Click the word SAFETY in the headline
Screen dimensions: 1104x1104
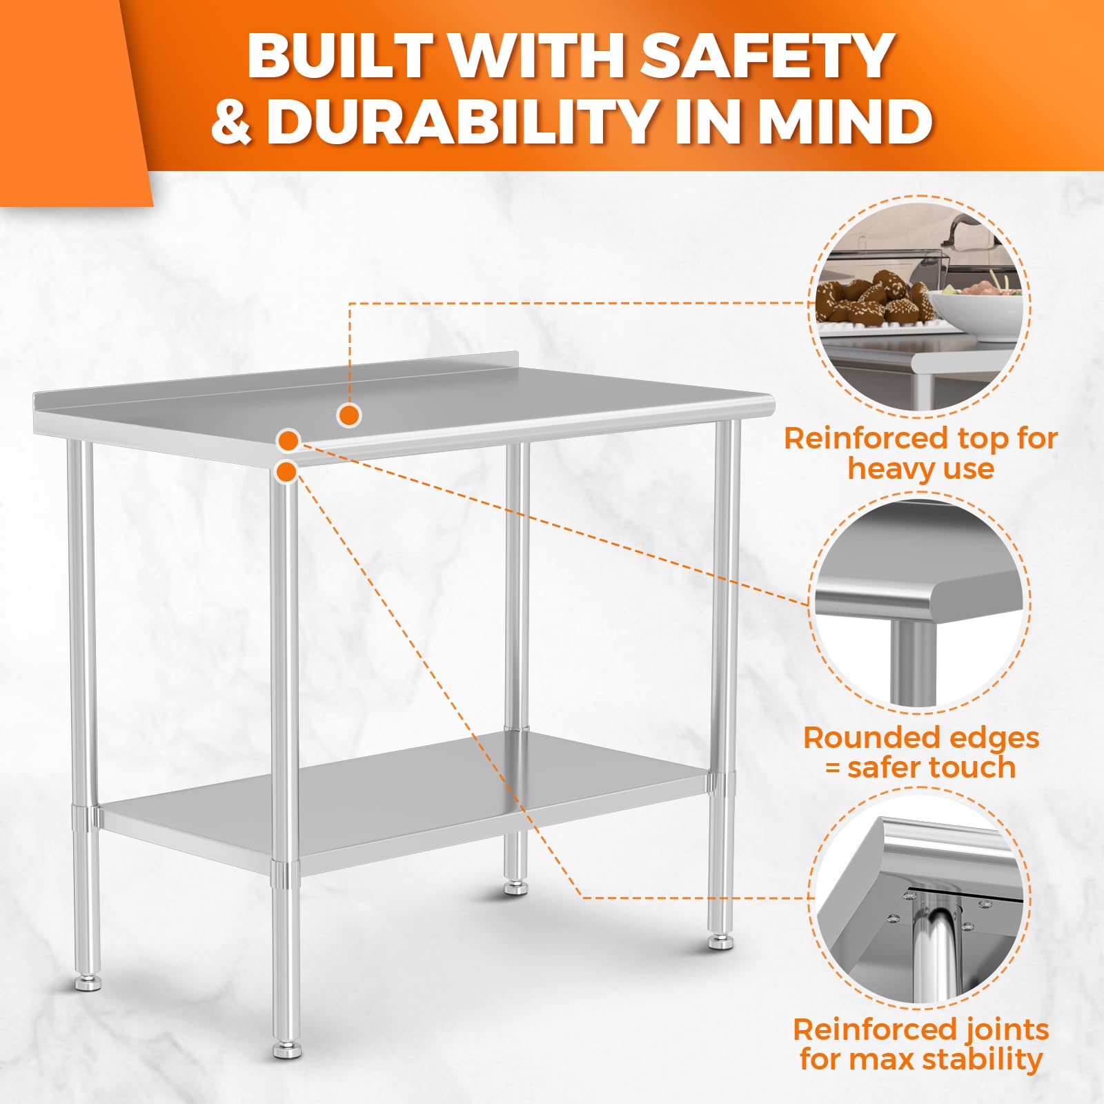(768, 56)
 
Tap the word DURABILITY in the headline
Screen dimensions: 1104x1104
(460, 121)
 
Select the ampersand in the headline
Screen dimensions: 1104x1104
(231, 121)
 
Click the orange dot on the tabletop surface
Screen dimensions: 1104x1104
(349, 415)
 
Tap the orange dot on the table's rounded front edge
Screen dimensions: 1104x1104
(288, 440)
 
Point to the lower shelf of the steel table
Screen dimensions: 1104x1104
(404, 800)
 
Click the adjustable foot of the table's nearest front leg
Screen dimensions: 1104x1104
(287, 1049)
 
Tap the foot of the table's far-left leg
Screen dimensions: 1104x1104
(88, 983)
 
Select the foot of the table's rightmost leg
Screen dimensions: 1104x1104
(720, 942)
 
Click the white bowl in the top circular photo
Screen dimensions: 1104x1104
(974, 313)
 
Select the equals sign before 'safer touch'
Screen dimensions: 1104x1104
(833, 768)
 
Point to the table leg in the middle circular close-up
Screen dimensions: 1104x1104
(913, 662)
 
